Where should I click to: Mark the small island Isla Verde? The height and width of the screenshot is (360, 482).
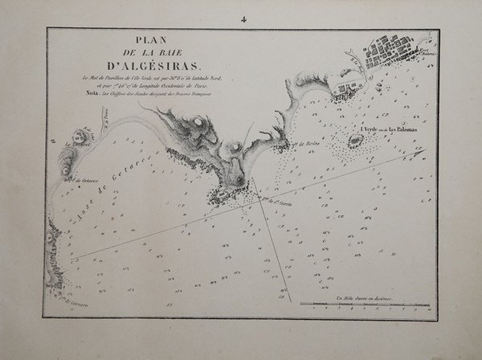(x=353, y=141)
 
